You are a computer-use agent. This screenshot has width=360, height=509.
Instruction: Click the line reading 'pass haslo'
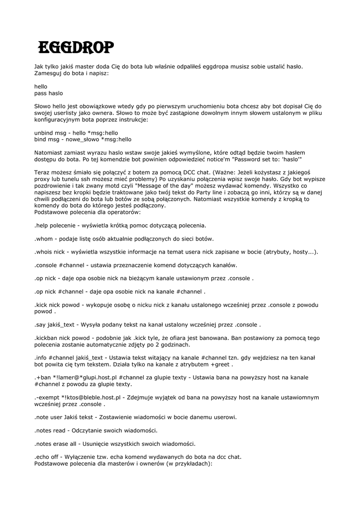49,93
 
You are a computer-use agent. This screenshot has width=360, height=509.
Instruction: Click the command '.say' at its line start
41,325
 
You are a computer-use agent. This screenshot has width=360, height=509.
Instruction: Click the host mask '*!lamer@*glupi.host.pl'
83,377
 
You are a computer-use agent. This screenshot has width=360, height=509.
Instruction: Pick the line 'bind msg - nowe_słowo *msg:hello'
83,139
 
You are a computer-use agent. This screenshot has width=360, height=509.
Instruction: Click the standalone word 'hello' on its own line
41,86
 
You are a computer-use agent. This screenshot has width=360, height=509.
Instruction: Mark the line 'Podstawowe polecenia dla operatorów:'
87,212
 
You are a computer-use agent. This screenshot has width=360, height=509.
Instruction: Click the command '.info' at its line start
41,357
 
